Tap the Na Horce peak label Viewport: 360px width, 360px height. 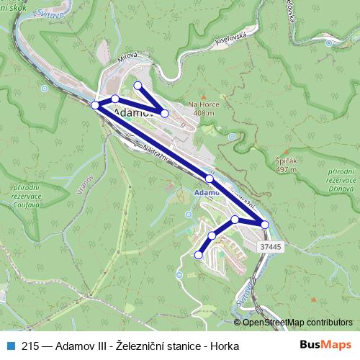coord(204,109)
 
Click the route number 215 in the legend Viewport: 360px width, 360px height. coord(30,345)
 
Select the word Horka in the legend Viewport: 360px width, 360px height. coord(222,345)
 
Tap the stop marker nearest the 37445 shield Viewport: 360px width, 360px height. coord(265,225)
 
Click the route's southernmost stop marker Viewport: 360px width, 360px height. coord(199,254)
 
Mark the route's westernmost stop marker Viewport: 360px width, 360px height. coord(95,106)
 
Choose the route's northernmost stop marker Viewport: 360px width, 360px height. coord(138,86)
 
